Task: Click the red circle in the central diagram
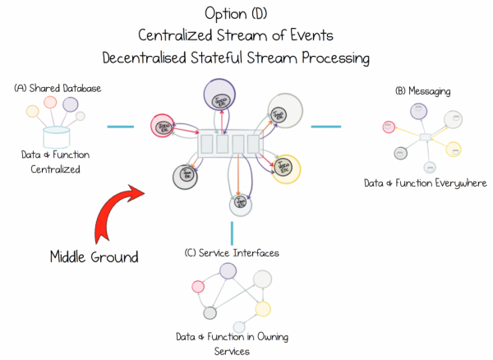(161, 126)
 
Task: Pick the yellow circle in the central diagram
(285, 168)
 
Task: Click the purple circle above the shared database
(70, 105)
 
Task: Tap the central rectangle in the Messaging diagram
(425, 137)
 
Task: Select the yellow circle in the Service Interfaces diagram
(262, 309)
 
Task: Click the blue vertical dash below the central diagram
(233, 230)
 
